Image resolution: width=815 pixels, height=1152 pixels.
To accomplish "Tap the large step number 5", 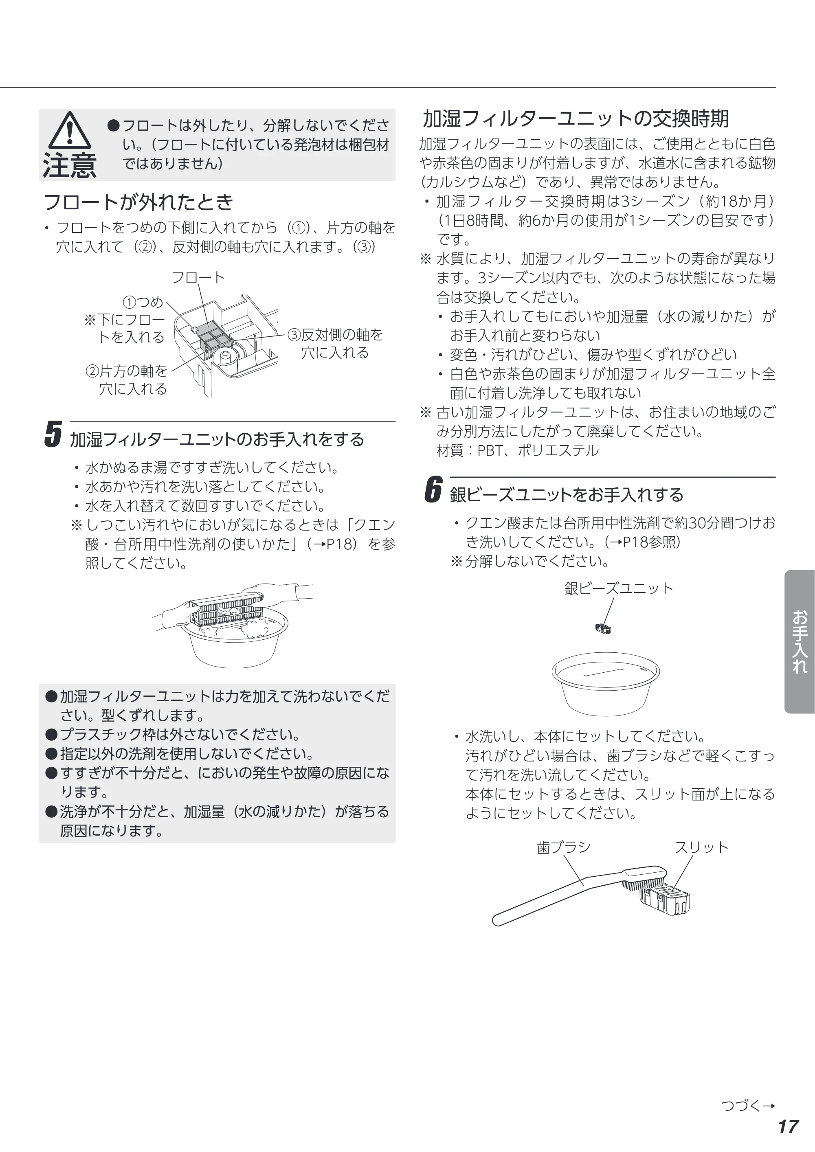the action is [x=53, y=434].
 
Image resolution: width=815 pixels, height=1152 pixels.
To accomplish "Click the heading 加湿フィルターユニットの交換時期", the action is [x=576, y=118].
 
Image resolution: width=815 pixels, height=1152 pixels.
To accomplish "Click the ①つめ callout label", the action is [x=143, y=302].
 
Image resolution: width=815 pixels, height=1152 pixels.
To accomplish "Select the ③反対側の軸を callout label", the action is [x=335, y=335].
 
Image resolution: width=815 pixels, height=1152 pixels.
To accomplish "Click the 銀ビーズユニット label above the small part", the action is [x=618, y=588].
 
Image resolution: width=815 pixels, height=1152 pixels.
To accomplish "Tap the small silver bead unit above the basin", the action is [x=603, y=628].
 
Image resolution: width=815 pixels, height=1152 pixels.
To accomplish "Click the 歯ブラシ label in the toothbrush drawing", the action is [x=564, y=847].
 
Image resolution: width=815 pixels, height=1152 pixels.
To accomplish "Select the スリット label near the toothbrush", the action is [x=701, y=847].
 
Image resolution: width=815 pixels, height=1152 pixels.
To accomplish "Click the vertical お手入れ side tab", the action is [x=800, y=641].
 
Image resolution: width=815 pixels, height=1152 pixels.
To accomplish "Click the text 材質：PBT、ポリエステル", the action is [x=517, y=450].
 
